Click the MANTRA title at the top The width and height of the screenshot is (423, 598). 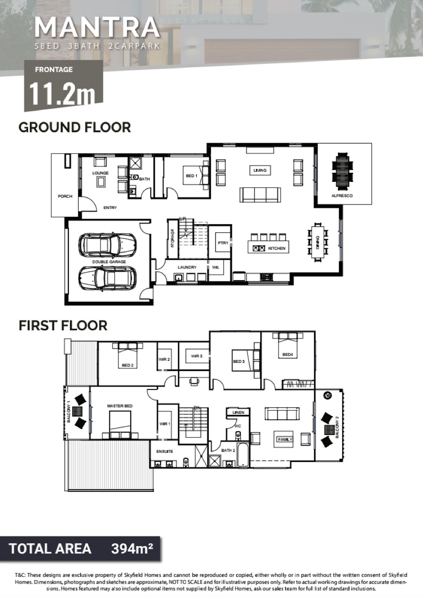click(x=97, y=27)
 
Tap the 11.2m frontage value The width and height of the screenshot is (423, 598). click(x=62, y=93)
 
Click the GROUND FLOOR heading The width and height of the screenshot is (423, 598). click(x=75, y=127)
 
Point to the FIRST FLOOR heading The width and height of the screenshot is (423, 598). click(x=63, y=325)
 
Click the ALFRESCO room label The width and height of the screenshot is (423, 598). click(x=342, y=196)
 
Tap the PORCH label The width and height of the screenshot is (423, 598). click(x=65, y=196)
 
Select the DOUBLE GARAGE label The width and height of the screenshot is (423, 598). click(x=109, y=262)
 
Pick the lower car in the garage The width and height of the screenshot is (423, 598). click(x=108, y=279)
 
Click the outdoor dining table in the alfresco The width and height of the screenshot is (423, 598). click(x=342, y=170)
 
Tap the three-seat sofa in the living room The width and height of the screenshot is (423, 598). click(x=260, y=195)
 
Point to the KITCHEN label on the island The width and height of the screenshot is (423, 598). click(x=277, y=248)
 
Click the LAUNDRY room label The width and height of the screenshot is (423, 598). click(x=187, y=267)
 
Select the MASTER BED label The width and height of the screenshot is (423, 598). click(x=120, y=406)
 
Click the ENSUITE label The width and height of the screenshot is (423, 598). click(x=165, y=451)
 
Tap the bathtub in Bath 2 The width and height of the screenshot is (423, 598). click(x=243, y=455)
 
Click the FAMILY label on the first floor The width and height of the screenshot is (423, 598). click(x=285, y=440)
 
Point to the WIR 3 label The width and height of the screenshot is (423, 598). click(x=197, y=356)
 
